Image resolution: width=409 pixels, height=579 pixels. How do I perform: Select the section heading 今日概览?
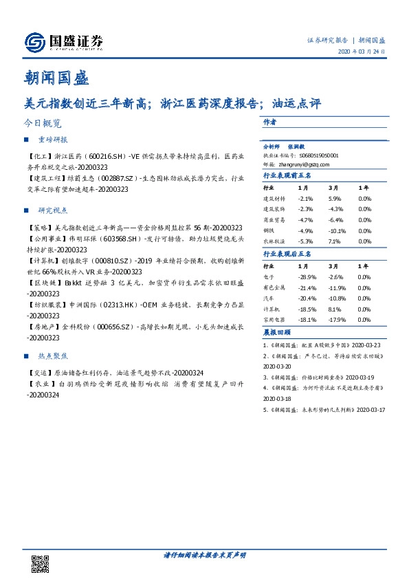pyautogui.click(x=42, y=124)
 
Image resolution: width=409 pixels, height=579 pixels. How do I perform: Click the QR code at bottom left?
pyautogui.click(x=41, y=562)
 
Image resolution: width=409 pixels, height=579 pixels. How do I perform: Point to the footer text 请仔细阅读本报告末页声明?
pyautogui.click(x=204, y=554)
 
